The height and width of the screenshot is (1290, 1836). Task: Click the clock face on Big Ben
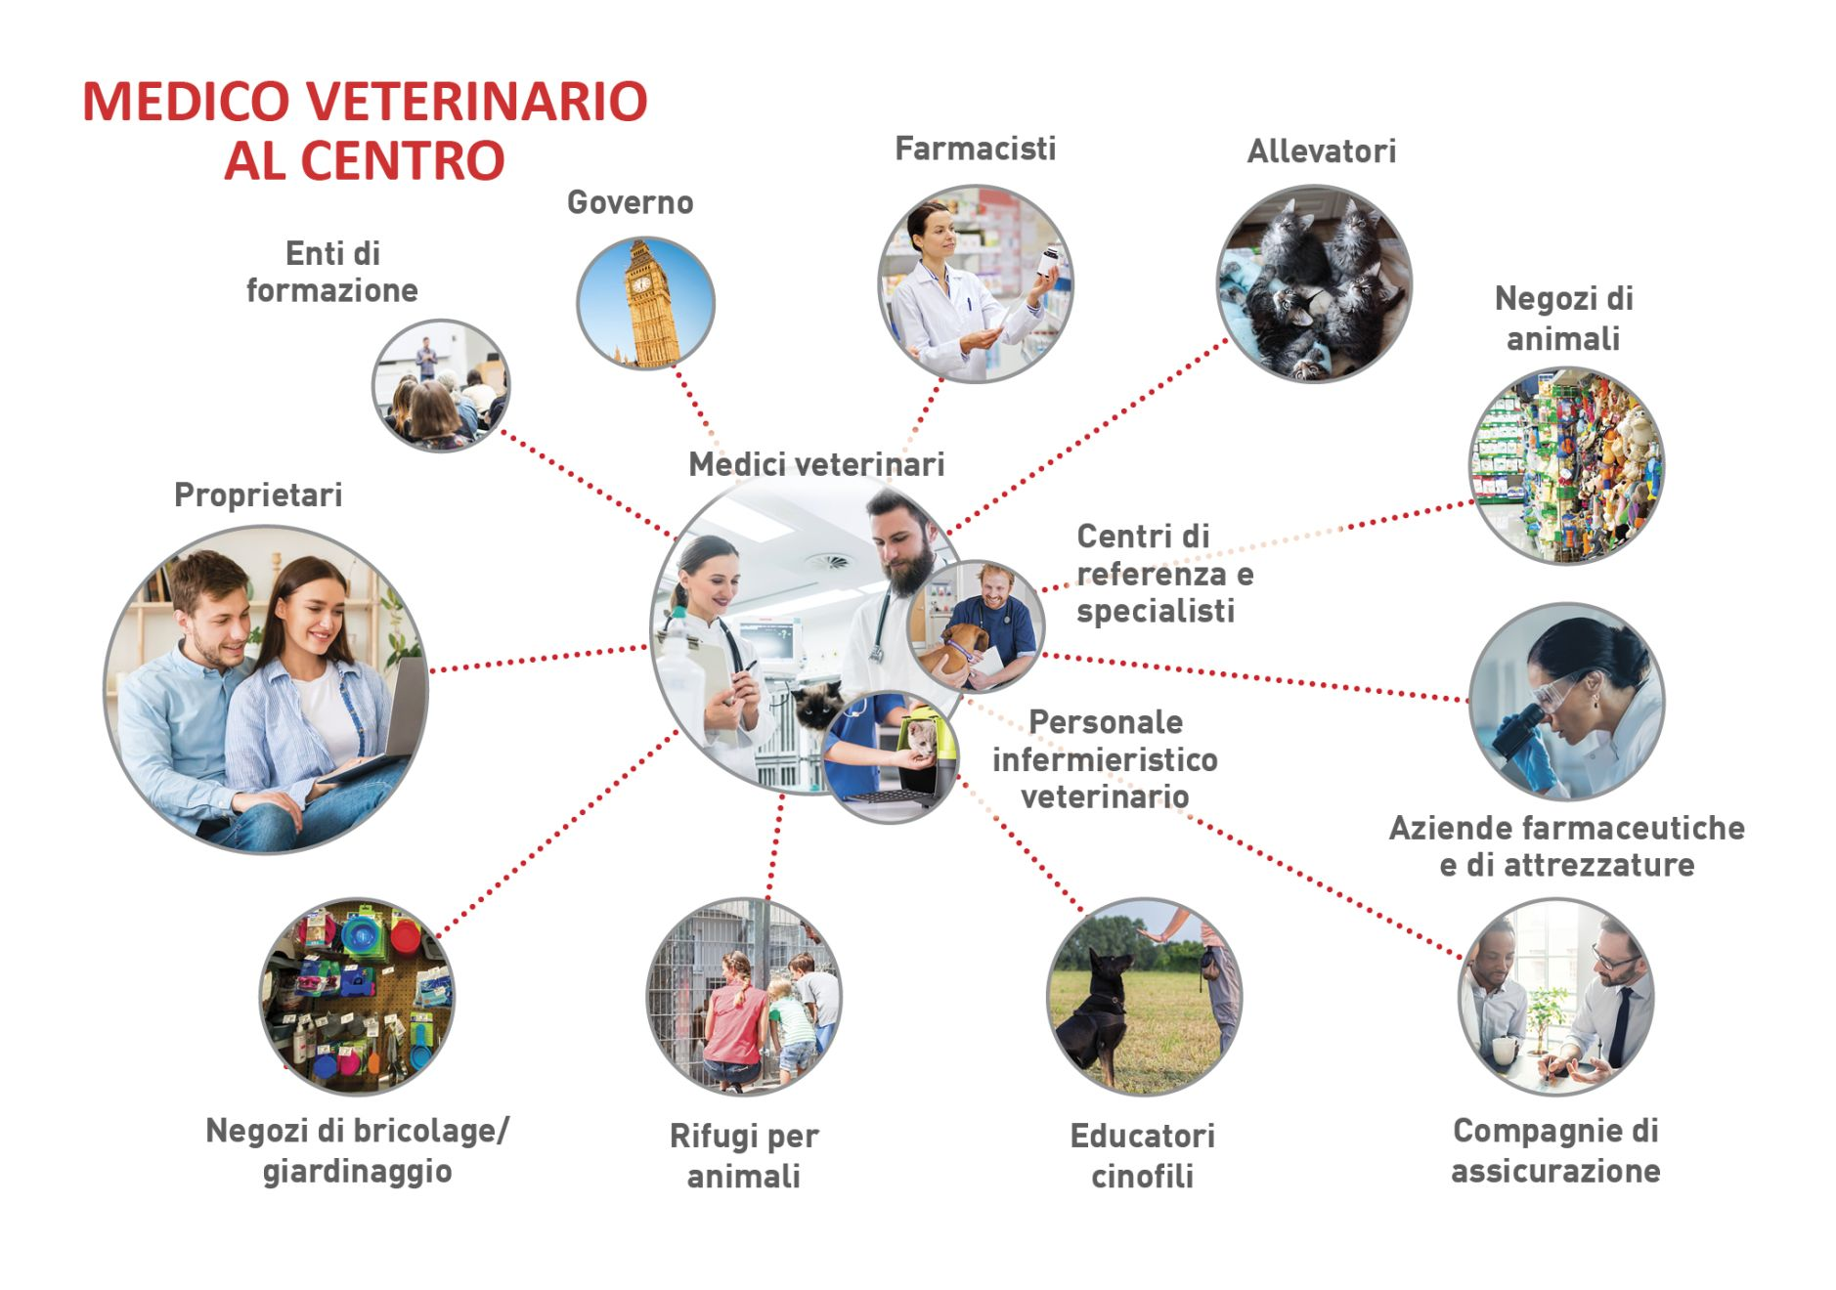[641, 283]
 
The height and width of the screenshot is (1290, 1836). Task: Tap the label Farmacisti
[975, 149]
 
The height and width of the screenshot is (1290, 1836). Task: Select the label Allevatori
[1321, 151]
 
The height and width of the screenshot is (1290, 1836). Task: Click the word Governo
[630, 202]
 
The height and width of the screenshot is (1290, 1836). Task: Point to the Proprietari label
[258, 495]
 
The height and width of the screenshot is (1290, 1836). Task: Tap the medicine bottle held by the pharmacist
[1048, 262]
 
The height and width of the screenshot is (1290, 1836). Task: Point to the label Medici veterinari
[816, 464]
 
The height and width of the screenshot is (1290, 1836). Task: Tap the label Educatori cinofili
[1142, 1155]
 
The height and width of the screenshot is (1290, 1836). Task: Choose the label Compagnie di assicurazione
[1554, 1150]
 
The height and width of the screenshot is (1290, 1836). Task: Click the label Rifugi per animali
[744, 1155]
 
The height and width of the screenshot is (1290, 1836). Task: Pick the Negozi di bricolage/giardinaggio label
[357, 1150]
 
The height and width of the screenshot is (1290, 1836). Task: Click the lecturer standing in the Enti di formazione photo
[425, 358]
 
